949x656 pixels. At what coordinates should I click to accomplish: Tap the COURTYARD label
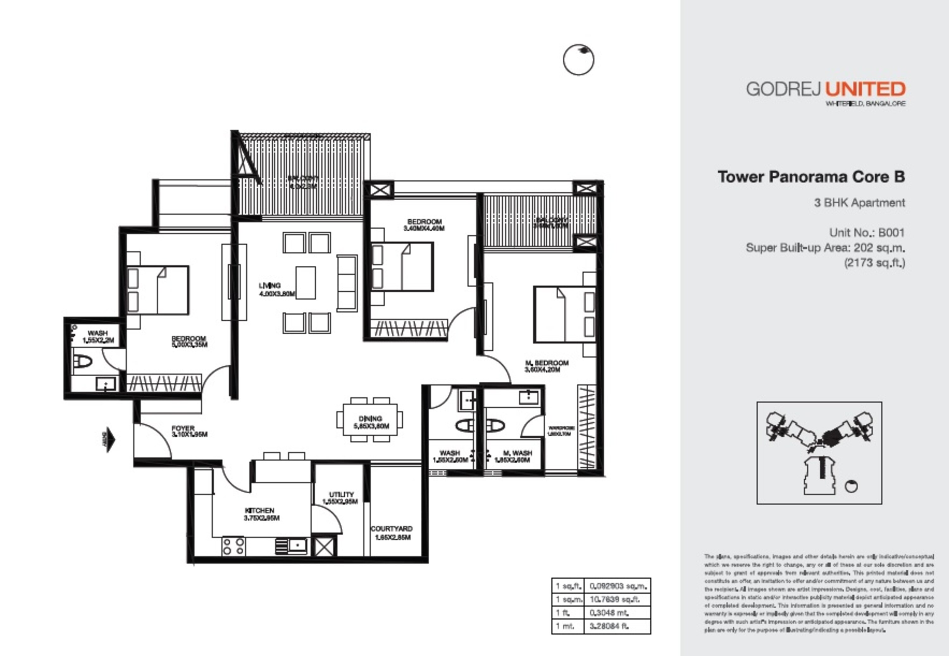(391, 529)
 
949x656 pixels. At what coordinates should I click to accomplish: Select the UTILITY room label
(341, 494)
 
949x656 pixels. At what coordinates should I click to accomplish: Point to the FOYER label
(183, 428)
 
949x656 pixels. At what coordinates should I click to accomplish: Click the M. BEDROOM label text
(547, 363)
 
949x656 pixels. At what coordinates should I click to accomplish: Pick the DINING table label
(370, 419)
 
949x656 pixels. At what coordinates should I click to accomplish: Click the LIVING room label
(270, 285)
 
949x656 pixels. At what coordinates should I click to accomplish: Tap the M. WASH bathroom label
(517, 453)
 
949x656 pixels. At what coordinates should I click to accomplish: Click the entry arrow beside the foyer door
(109, 440)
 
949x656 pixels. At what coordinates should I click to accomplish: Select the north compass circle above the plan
(578, 60)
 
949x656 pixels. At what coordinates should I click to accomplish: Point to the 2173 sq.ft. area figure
(875, 262)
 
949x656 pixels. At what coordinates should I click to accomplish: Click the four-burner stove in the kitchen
(233, 547)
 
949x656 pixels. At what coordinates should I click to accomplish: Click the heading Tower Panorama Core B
(811, 177)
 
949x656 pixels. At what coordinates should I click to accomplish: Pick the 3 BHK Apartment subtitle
(859, 203)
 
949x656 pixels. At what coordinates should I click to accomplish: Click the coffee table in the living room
(306, 283)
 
